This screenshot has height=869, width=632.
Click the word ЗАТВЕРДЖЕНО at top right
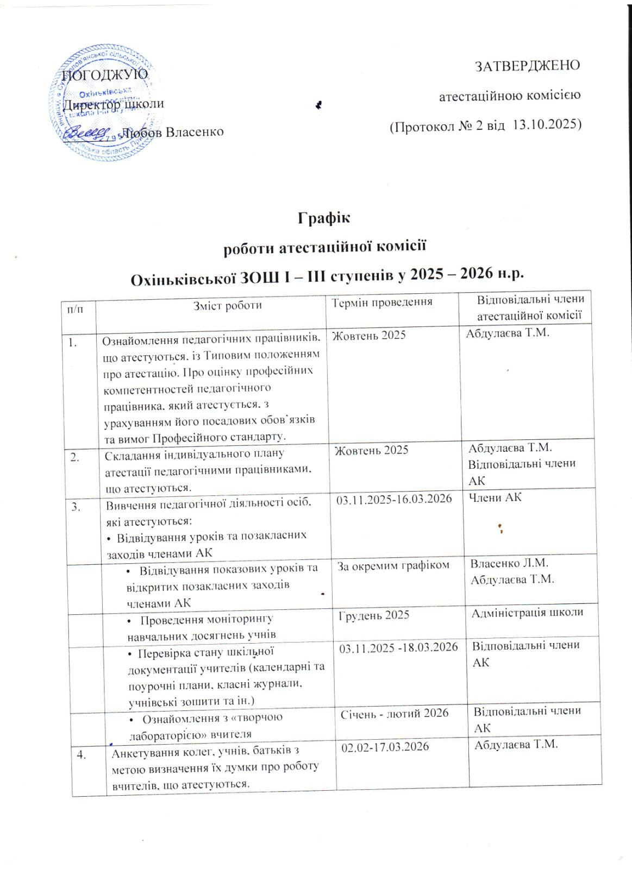coord(527,66)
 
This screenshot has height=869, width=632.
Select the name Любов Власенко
coord(173,132)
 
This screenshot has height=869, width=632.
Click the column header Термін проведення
coord(383,302)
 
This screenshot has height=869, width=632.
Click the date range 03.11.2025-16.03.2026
coord(394,499)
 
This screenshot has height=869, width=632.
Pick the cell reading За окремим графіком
coord(394,565)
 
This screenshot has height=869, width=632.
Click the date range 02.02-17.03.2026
coord(385,747)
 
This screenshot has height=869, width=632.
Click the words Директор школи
coord(114,103)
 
